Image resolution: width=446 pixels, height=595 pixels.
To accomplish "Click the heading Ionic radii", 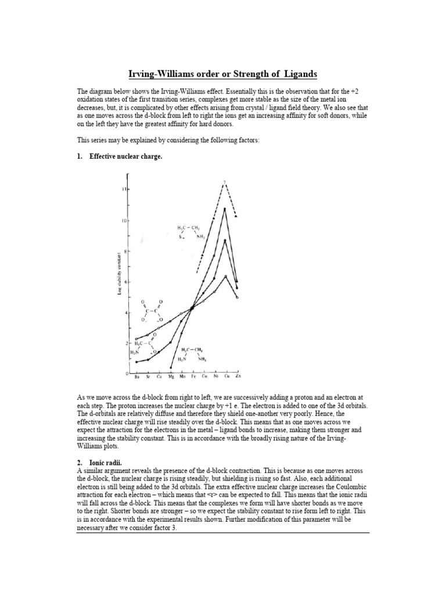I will coord(105,461).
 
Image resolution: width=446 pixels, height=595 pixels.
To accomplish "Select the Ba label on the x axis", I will coord(137,378).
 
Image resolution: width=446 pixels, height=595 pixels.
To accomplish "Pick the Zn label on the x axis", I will coord(236,378).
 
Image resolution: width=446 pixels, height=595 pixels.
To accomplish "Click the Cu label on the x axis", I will coord(225,378).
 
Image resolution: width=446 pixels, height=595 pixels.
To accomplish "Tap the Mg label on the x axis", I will coord(170,378).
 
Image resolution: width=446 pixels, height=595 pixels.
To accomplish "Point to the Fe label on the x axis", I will coord(192,378).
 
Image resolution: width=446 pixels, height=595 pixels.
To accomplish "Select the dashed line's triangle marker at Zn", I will coord(236,216).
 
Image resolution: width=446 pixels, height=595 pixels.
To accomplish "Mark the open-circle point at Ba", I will coord(136,339).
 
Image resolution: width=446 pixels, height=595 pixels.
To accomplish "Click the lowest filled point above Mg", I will coord(171,367).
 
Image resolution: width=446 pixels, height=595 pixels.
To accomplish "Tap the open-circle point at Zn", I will coord(237,297).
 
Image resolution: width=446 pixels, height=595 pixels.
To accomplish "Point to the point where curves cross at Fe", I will coord(192,308).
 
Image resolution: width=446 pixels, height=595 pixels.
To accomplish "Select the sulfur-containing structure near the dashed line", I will coord(188,231).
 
